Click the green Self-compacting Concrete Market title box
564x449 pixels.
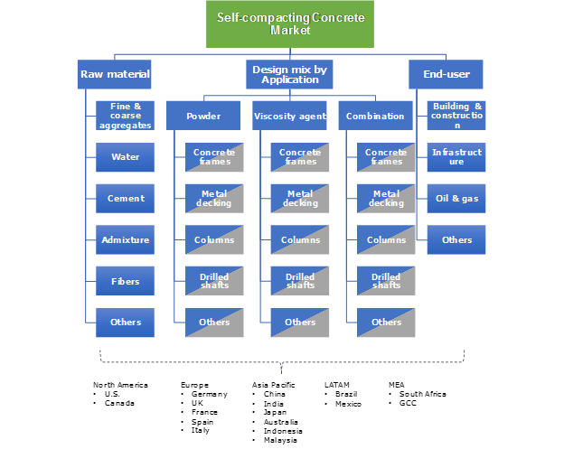click(289, 24)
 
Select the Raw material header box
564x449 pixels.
click(115, 74)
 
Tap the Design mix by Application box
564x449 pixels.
click(290, 74)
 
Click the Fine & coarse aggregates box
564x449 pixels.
click(126, 116)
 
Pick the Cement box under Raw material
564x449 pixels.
click(126, 198)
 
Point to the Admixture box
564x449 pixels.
click(126, 239)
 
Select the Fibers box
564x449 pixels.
click(126, 281)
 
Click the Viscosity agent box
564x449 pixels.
click(289, 116)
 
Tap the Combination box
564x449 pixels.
click(375, 116)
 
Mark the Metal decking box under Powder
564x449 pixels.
click(214, 198)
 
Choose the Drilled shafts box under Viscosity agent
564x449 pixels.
click(300, 281)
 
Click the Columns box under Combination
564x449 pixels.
click(386, 239)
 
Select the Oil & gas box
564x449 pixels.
click(456, 198)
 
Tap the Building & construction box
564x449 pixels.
click(456, 116)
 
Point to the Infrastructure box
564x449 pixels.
click(456, 157)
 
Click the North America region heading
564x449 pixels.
click(120, 385)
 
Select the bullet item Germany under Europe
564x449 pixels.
click(207, 394)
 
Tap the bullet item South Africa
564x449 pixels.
click(422, 394)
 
